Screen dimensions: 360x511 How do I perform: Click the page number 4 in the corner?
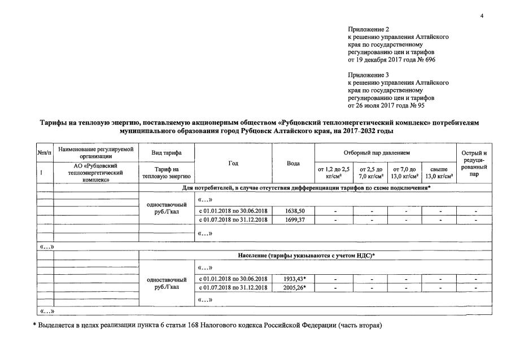click(482, 16)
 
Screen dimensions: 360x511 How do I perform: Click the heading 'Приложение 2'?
click(366, 29)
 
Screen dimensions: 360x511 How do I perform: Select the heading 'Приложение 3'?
click(366, 74)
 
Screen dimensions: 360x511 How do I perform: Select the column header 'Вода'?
click(293, 163)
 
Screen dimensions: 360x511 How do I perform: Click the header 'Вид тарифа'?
click(166, 153)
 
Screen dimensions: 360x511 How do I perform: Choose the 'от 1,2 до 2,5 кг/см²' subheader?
click(334, 173)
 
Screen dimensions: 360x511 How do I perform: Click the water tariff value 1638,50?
click(294, 211)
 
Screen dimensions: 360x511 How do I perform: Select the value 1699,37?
click(294, 219)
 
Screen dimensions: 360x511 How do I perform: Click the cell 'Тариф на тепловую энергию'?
click(166, 173)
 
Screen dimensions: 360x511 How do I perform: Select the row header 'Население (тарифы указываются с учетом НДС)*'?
click(306, 256)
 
